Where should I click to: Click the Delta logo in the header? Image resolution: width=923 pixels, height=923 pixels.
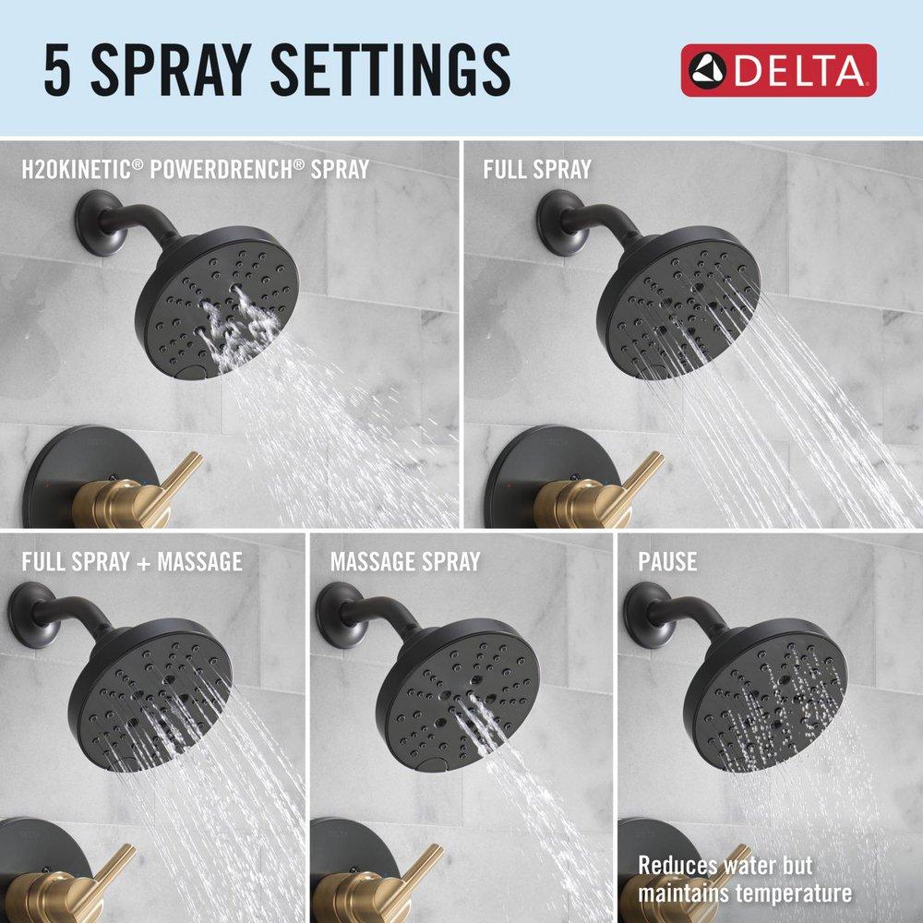[778, 70]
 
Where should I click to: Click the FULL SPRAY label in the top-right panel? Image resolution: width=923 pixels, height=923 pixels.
[537, 169]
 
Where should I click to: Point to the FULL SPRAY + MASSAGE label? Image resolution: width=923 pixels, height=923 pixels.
[132, 560]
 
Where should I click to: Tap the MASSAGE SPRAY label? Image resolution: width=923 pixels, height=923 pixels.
[405, 560]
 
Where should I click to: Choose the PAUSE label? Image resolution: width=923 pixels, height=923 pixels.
[667, 560]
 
